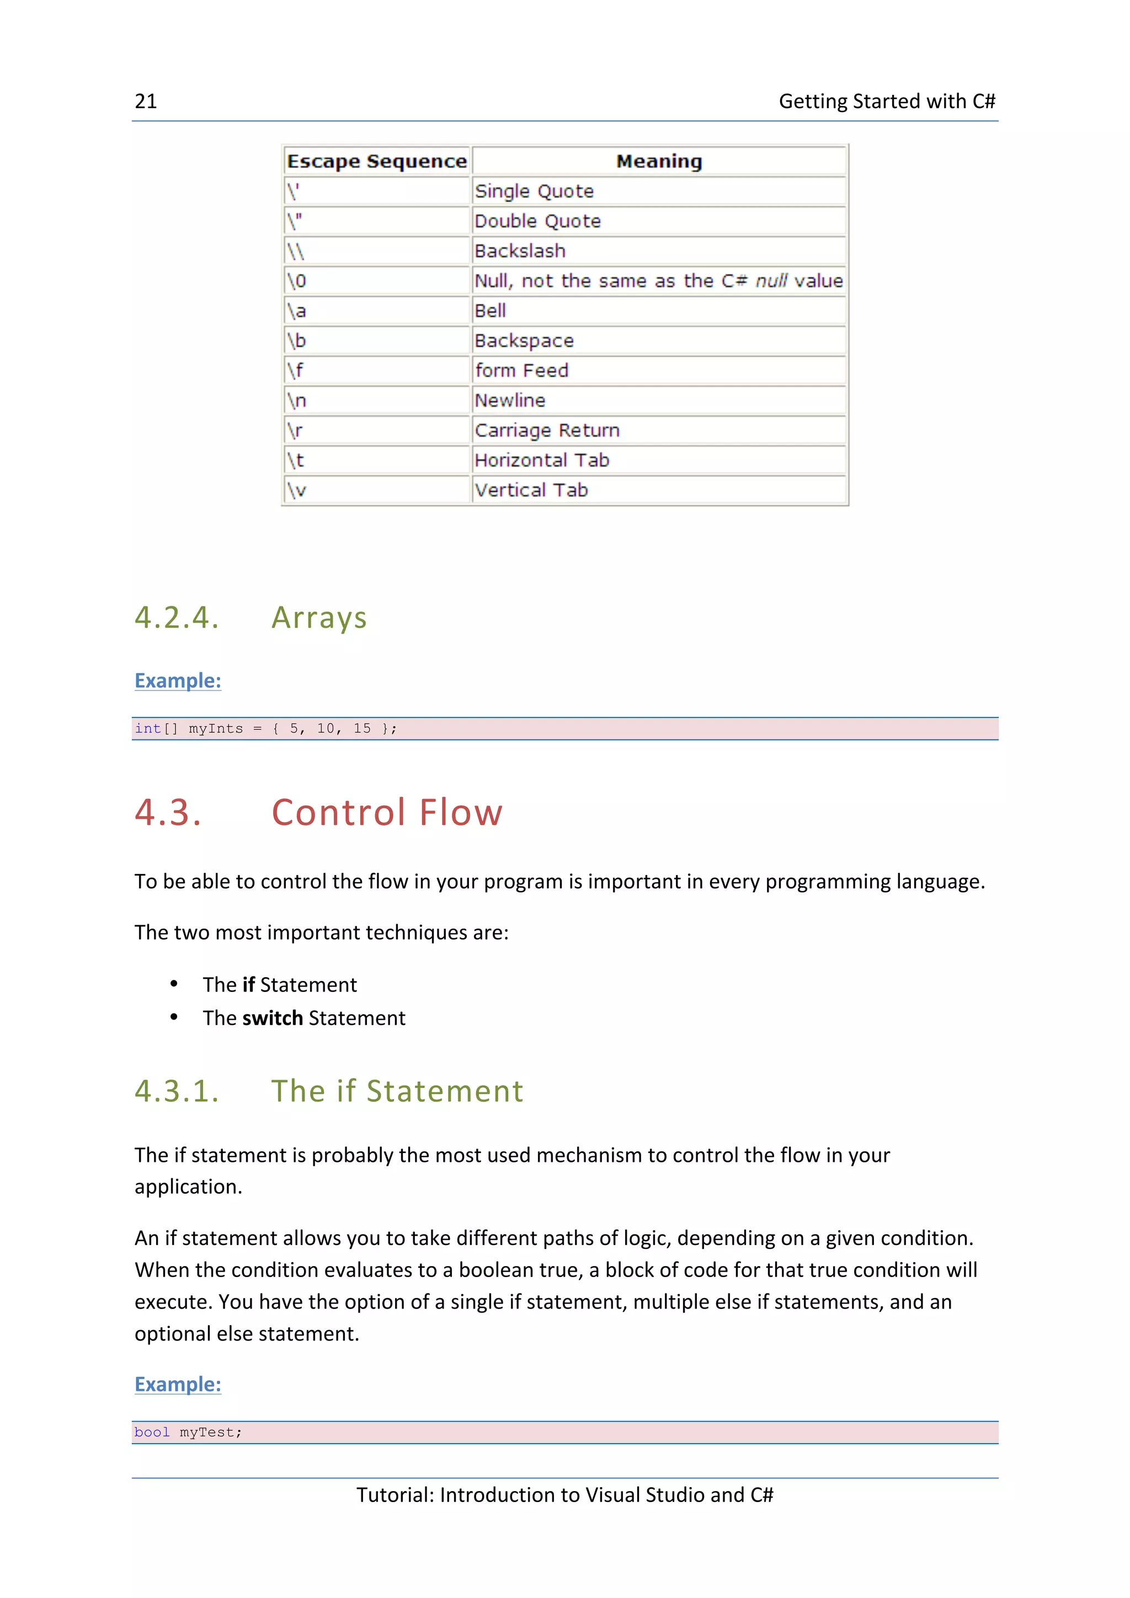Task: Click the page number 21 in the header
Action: pyautogui.click(x=146, y=101)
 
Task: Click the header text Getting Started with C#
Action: pyautogui.click(x=886, y=101)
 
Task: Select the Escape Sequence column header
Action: pyautogui.click(x=377, y=162)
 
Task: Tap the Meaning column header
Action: pyautogui.click(x=659, y=162)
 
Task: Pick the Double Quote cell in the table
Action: pyautogui.click(x=537, y=221)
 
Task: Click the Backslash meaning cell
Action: pyautogui.click(x=519, y=251)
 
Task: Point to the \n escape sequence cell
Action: pyautogui.click(x=297, y=401)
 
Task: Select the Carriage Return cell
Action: pyautogui.click(x=547, y=431)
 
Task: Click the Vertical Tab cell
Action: pyautogui.click(x=531, y=491)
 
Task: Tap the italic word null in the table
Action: pyautogui.click(x=771, y=281)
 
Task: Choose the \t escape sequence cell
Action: pyautogui.click(x=296, y=461)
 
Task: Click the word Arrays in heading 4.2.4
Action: pyautogui.click(x=319, y=618)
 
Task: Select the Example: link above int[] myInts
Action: pyautogui.click(x=178, y=680)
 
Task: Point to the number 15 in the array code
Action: pyautogui.click(x=361, y=729)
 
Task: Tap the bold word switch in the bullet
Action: pyautogui.click(x=272, y=1018)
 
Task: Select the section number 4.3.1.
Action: pyautogui.click(x=177, y=1091)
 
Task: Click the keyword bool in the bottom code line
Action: pyautogui.click(x=152, y=1433)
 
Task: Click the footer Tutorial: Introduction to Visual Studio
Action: pyautogui.click(x=564, y=1495)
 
